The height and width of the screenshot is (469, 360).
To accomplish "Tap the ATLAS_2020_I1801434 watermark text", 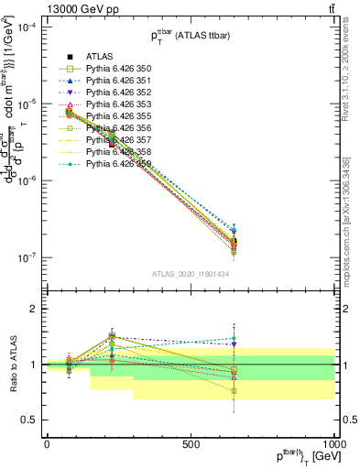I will [x=190, y=274].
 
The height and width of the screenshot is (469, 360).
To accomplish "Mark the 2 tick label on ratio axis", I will [x=31, y=309].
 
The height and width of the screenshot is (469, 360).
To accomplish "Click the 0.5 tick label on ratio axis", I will [x=27, y=420].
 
